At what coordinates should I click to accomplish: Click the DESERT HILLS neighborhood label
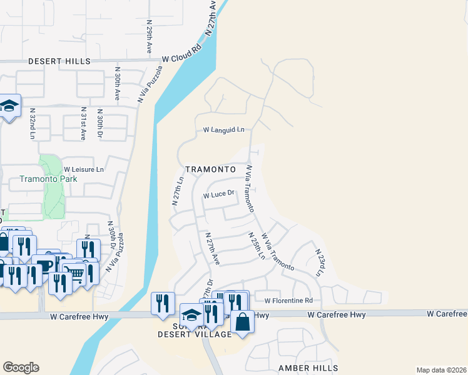pos(59,61)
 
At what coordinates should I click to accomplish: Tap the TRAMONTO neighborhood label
pos(210,169)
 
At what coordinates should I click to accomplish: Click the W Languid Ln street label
pos(223,130)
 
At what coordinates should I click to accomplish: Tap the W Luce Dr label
pos(218,195)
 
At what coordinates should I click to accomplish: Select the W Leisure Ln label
pos(84,169)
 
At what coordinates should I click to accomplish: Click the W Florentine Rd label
pos(288,301)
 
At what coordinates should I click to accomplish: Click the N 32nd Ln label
pos(33,123)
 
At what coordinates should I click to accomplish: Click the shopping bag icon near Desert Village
pos(242,322)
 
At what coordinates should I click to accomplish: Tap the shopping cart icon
pos(74,272)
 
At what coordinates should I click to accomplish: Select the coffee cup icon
pos(45,263)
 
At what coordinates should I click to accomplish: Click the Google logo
pos(21,367)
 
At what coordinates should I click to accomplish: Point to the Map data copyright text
pos(440,370)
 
